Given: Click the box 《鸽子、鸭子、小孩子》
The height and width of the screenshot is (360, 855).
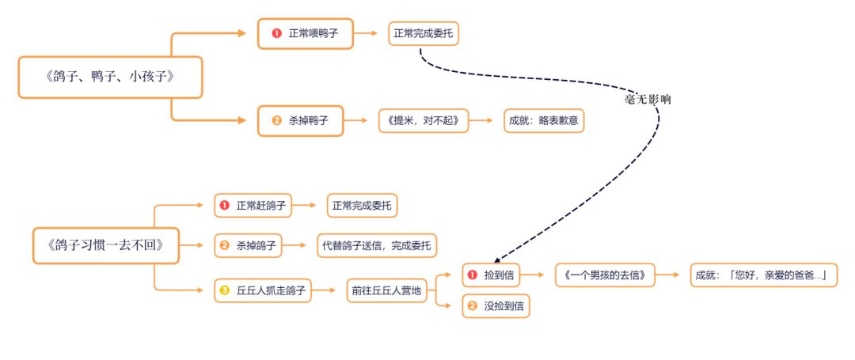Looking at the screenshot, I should pyautogui.click(x=110, y=78).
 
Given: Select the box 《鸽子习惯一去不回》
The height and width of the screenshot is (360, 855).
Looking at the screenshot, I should pyautogui.click(x=105, y=245).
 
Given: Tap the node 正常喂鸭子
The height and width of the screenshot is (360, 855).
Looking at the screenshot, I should pyautogui.click(x=305, y=34).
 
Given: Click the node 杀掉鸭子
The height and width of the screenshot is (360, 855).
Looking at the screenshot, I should pyautogui.click(x=300, y=120).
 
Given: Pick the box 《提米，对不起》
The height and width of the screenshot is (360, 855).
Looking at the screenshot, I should pyautogui.click(x=424, y=120).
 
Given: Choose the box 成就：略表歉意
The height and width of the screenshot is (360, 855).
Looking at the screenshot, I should pyautogui.click(x=544, y=120).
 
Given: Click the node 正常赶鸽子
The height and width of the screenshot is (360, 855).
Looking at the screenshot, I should pyautogui.click(x=253, y=206).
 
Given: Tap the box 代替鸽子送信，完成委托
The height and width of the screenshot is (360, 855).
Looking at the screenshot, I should pyautogui.click(x=376, y=246).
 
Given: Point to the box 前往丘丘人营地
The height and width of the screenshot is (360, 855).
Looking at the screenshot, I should pyautogui.click(x=387, y=290).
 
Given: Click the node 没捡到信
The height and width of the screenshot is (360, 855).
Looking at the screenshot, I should pyautogui.click(x=496, y=305).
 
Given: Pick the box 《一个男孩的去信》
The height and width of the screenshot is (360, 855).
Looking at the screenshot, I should pyautogui.click(x=606, y=275).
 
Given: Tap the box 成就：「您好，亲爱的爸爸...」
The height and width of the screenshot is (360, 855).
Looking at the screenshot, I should pyautogui.click(x=763, y=275).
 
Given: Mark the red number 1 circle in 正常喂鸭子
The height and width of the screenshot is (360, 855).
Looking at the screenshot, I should pyautogui.click(x=276, y=34).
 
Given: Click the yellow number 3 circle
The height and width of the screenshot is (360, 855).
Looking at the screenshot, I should pyautogui.click(x=225, y=290).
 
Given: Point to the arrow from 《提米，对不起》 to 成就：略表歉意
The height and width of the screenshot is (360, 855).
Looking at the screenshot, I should pyautogui.click(x=487, y=120).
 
